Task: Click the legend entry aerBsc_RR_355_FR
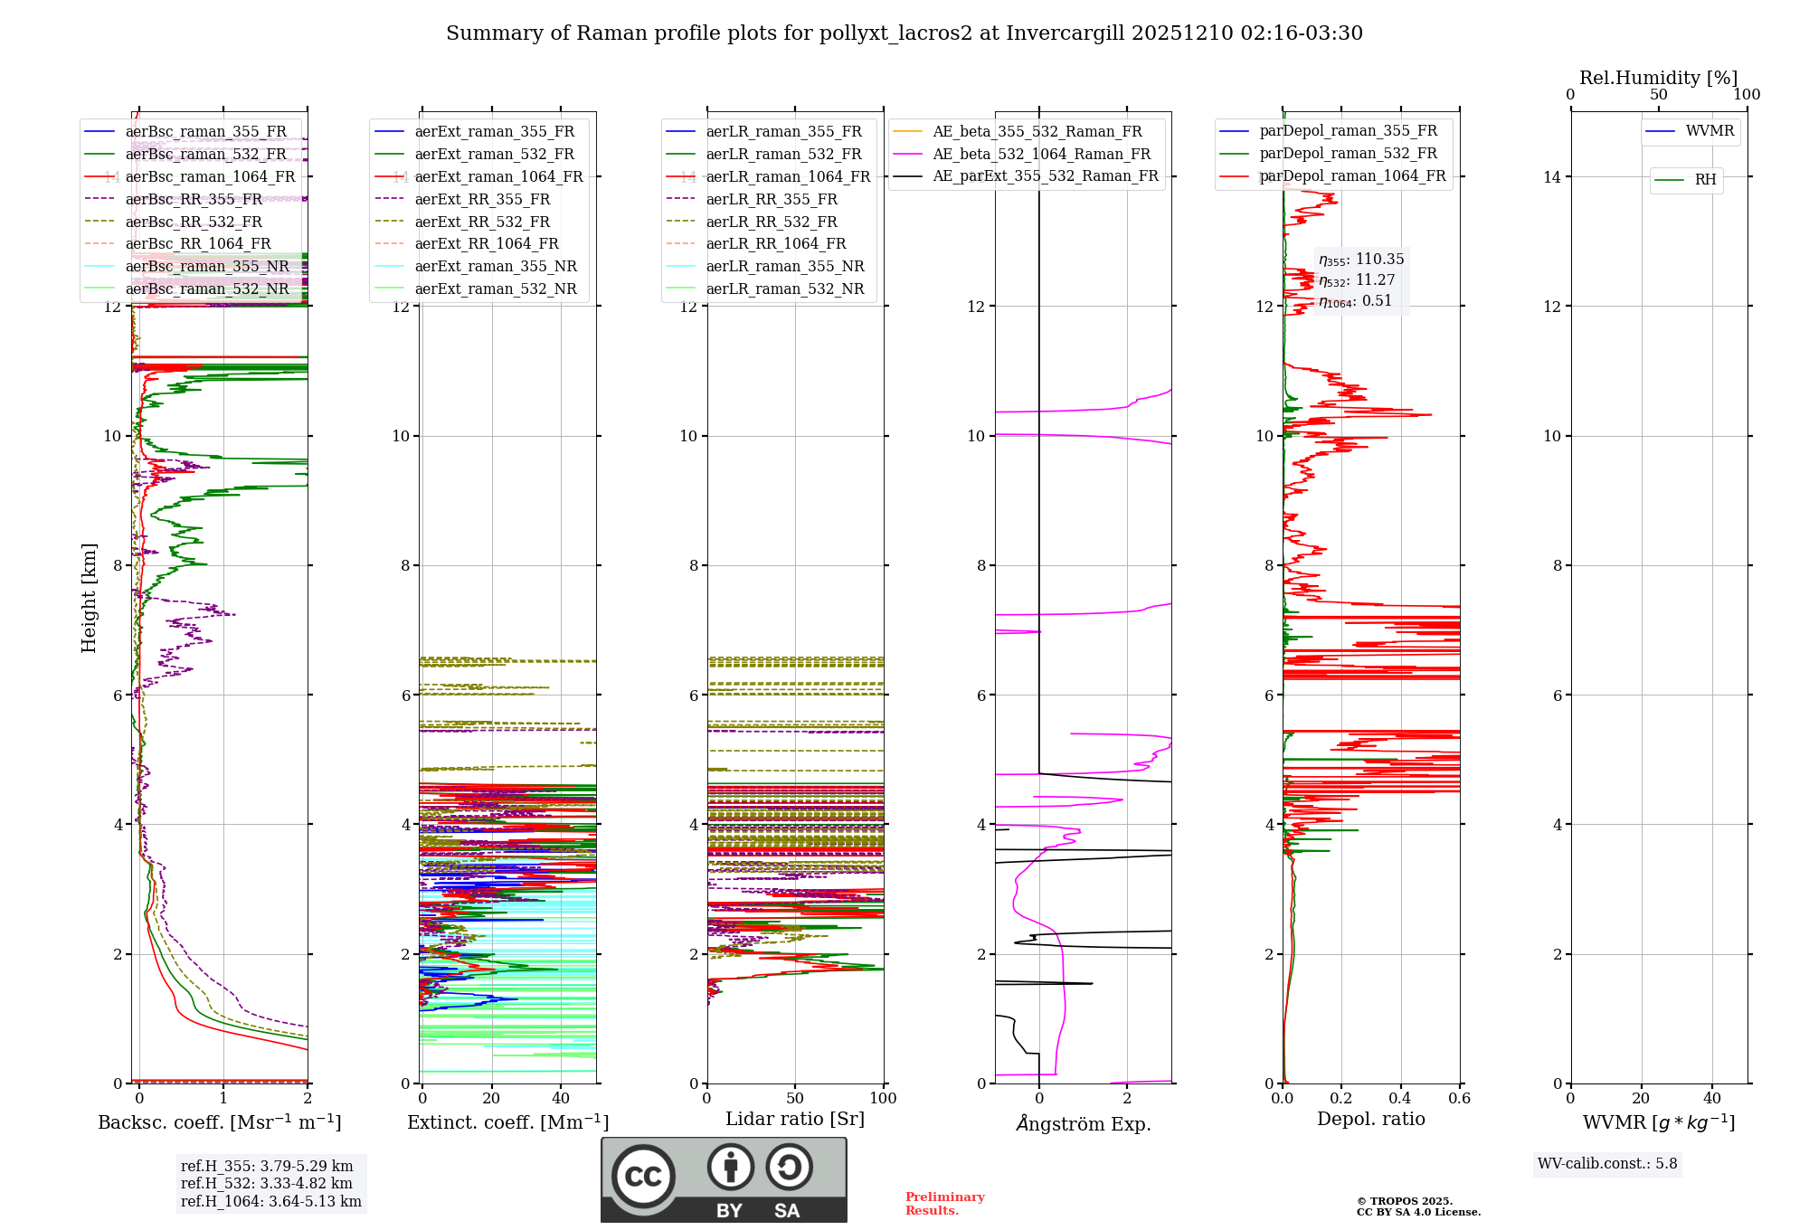click(194, 199)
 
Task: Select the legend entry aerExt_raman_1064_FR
click(498, 176)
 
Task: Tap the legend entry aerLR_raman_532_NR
click(784, 289)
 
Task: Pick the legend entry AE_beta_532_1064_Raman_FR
click(1041, 154)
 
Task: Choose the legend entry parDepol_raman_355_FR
click(1348, 131)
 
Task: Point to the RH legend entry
click(1705, 180)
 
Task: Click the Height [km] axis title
click(89, 597)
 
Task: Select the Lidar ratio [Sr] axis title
click(795, 1119)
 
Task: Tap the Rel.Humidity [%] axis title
click(1658, 78)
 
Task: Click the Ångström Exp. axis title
click(1083, 1123)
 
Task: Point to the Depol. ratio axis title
click(1370, 1119)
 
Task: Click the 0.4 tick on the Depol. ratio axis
click(1400, 1099)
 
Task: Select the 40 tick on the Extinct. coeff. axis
click(561, 1099)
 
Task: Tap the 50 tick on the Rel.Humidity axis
click(1658, 95)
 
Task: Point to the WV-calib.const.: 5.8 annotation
click(1607, 1164)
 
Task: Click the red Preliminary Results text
click(944, 1204)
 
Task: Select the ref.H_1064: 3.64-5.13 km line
click(270, 1202)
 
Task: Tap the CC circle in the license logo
click(643, 1176)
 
